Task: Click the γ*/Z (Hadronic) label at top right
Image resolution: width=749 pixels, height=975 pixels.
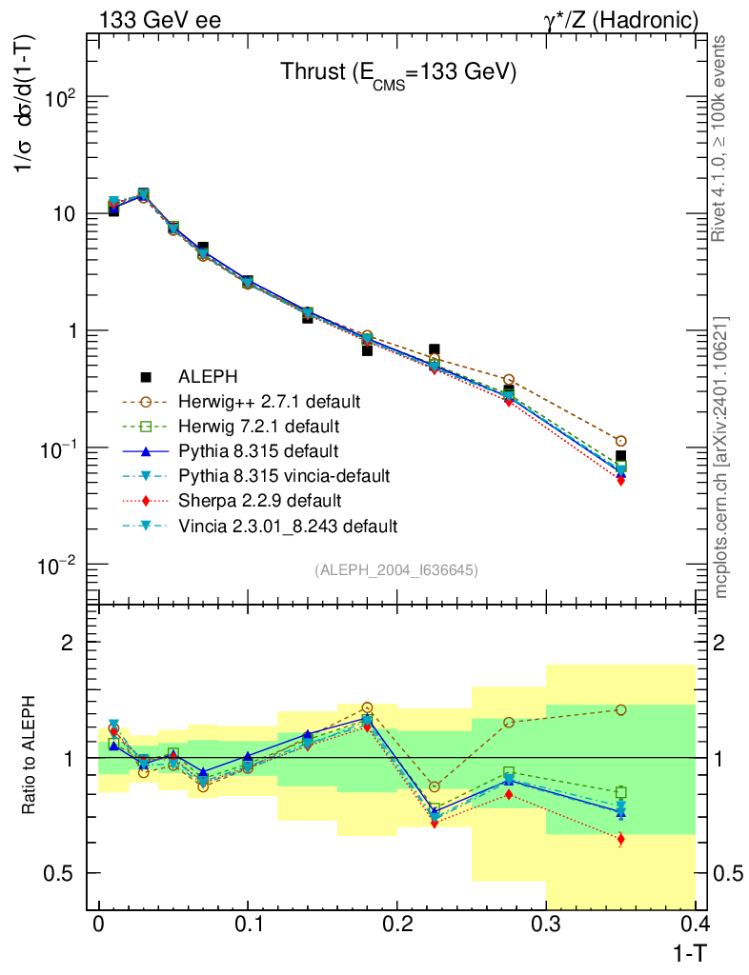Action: [x=620, y=19]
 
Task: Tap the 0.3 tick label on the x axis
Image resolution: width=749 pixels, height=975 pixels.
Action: [x=546, y=924]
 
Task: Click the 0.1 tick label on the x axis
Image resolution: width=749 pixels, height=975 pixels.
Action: [x=247, y=924]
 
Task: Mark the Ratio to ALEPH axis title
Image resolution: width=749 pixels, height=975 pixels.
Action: [x=30, y=757]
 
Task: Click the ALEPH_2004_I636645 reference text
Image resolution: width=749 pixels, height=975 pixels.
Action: [x=395, y=569]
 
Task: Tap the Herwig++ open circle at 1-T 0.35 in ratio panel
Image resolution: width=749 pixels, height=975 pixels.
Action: [x=621, y=709]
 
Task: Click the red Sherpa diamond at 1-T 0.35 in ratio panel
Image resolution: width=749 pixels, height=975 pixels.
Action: [x=621, y=839]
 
